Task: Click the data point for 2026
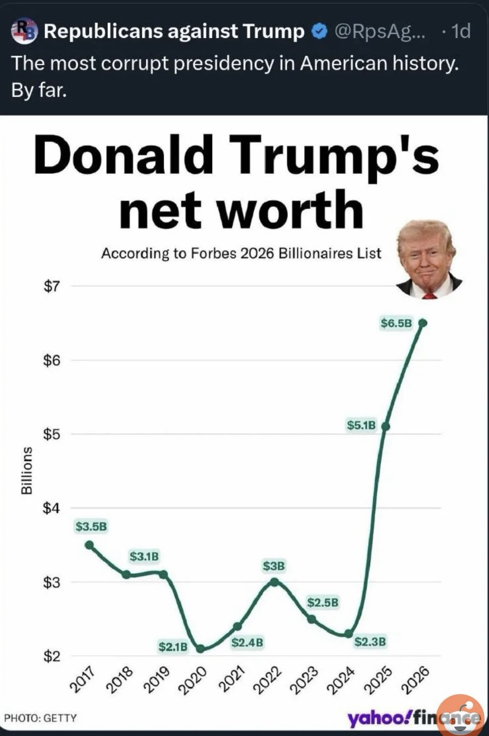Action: click(x=423, y=323)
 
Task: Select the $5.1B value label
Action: click(x=361, y=425)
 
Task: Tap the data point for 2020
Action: click(x=200, y=648)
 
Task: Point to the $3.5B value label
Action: click(x=91, y=526)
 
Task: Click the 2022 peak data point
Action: click(x=274, y=582)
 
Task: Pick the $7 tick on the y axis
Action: click(x=52, y=287)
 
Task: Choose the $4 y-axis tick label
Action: click(x=52, y=508)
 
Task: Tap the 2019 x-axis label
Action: click(x=157, y=679)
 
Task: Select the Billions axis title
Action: click(x=27, y=470)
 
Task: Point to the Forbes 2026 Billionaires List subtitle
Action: click(x=241, y=253)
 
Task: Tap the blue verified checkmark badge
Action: click(x=319, y=32)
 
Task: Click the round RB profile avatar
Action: click(x=24, y=31)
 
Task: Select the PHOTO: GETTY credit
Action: click(x=40, y=718)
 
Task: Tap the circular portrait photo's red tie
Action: click(x=430, y=295)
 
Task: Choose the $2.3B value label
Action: click(x=370, y=642)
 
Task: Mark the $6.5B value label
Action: click(x=396, y=323)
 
